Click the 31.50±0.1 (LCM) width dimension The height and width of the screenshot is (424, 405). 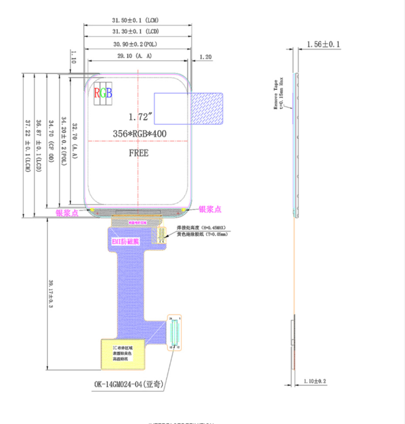coord(136,21)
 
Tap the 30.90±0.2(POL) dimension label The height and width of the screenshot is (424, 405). coord(136,44)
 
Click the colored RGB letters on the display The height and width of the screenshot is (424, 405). coord(103,94)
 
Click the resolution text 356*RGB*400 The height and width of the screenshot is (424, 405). coord(140,134)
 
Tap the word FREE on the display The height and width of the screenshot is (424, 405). coord(138,153)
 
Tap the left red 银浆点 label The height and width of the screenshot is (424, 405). coord(68,213)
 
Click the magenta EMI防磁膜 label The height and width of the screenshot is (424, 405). coord(125,241)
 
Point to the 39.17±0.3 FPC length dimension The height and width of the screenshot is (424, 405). coord(50,294)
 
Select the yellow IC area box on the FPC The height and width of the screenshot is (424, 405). coord(123,354)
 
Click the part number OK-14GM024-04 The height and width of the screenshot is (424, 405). coord(128,385)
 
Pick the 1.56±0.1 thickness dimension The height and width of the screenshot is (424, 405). coord(323,44)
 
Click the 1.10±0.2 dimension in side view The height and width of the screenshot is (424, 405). coord(315,381)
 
